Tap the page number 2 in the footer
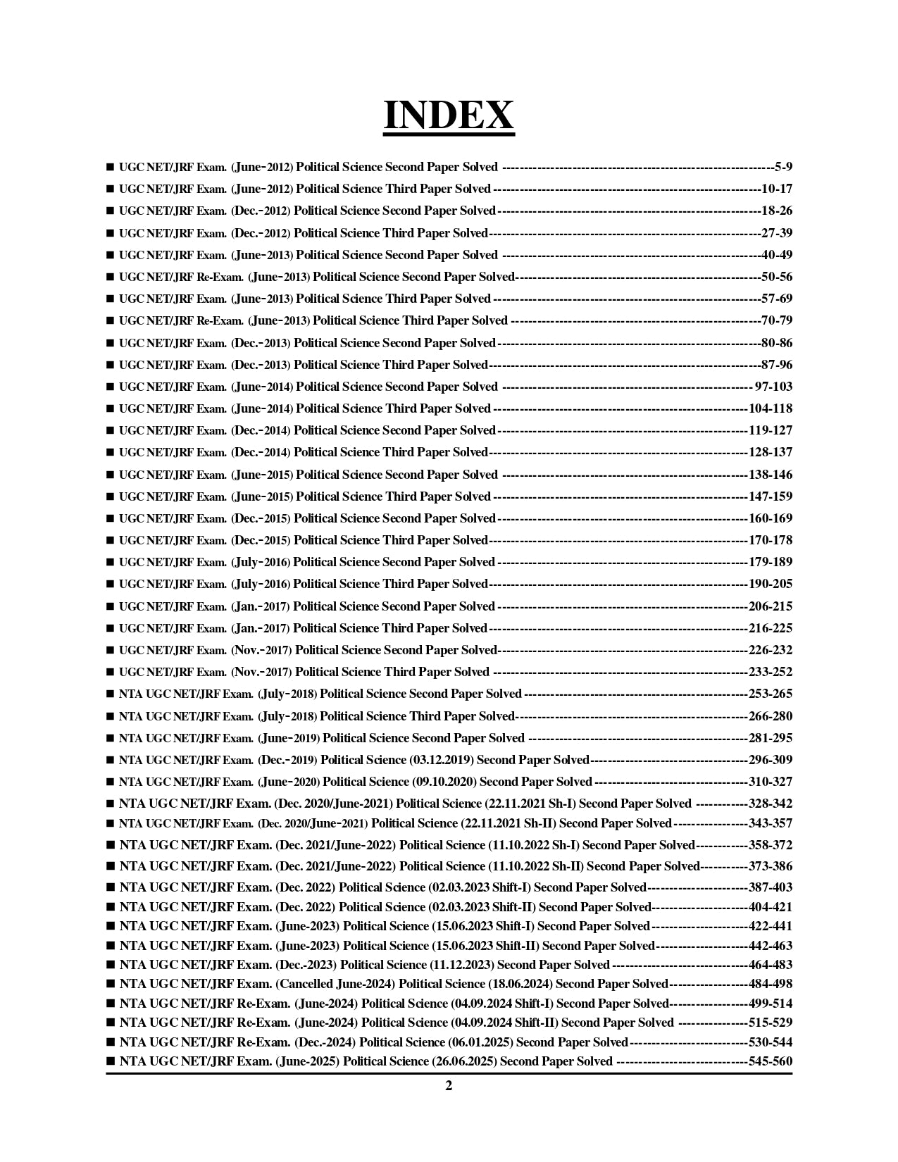(x=449, y=1085)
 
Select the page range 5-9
(x=783, y=167)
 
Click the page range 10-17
(x=777, y=189)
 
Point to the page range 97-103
(x=773, y=387)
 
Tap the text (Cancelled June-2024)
(x=335, y=984)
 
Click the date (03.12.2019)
(x=442, y=760)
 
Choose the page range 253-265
(x=771, y=694)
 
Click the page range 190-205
(x=771, y=584)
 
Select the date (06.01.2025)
(x=480, y=1042)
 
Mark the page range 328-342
(x=771, y=804)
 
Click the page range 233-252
(x=771, y=672)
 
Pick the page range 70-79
(x=777, y=320)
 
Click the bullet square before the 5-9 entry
(x=110, y=168)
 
